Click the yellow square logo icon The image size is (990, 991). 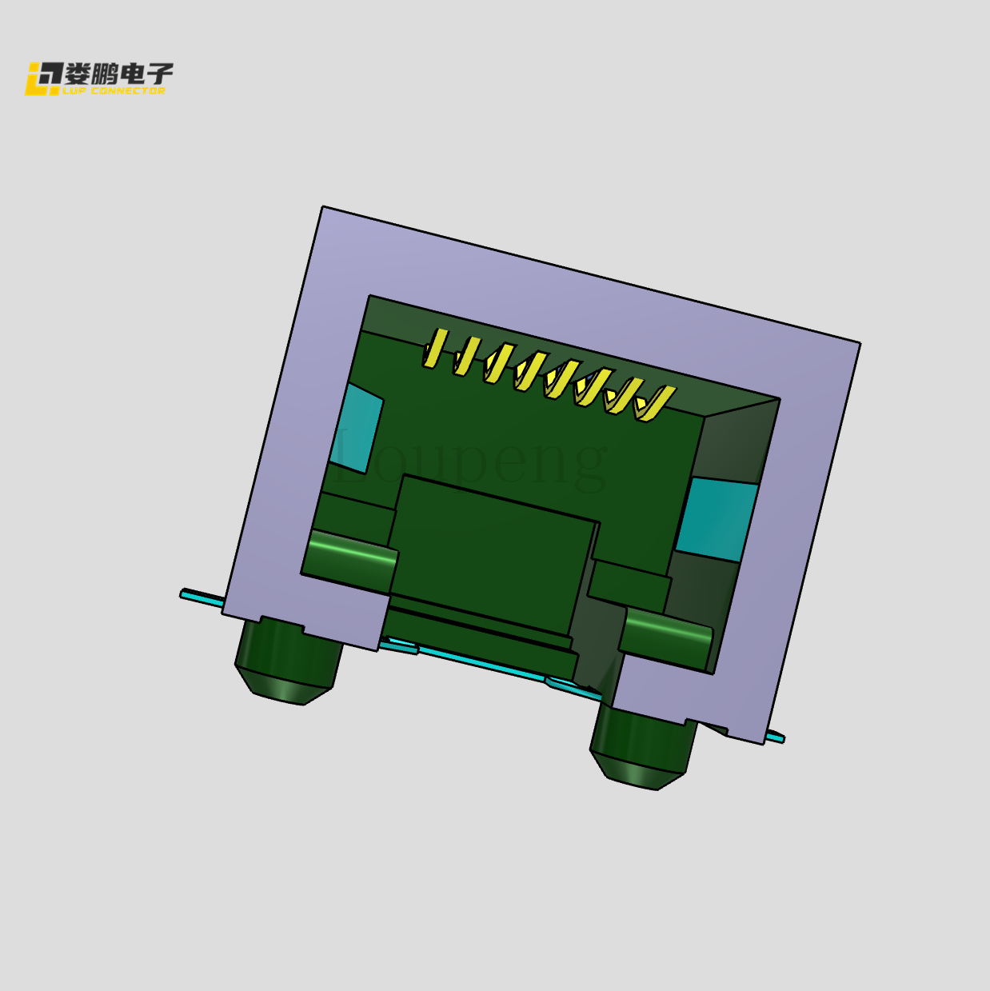tap(43, 78)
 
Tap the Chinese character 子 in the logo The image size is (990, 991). tap(159, 74)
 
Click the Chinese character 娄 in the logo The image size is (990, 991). tap(78, 74)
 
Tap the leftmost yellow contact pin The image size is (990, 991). tap(434, 348)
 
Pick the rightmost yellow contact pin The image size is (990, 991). tap(653, 403)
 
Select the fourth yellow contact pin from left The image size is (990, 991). tap(529, 370)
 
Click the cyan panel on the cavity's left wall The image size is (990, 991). tap(357, 428)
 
